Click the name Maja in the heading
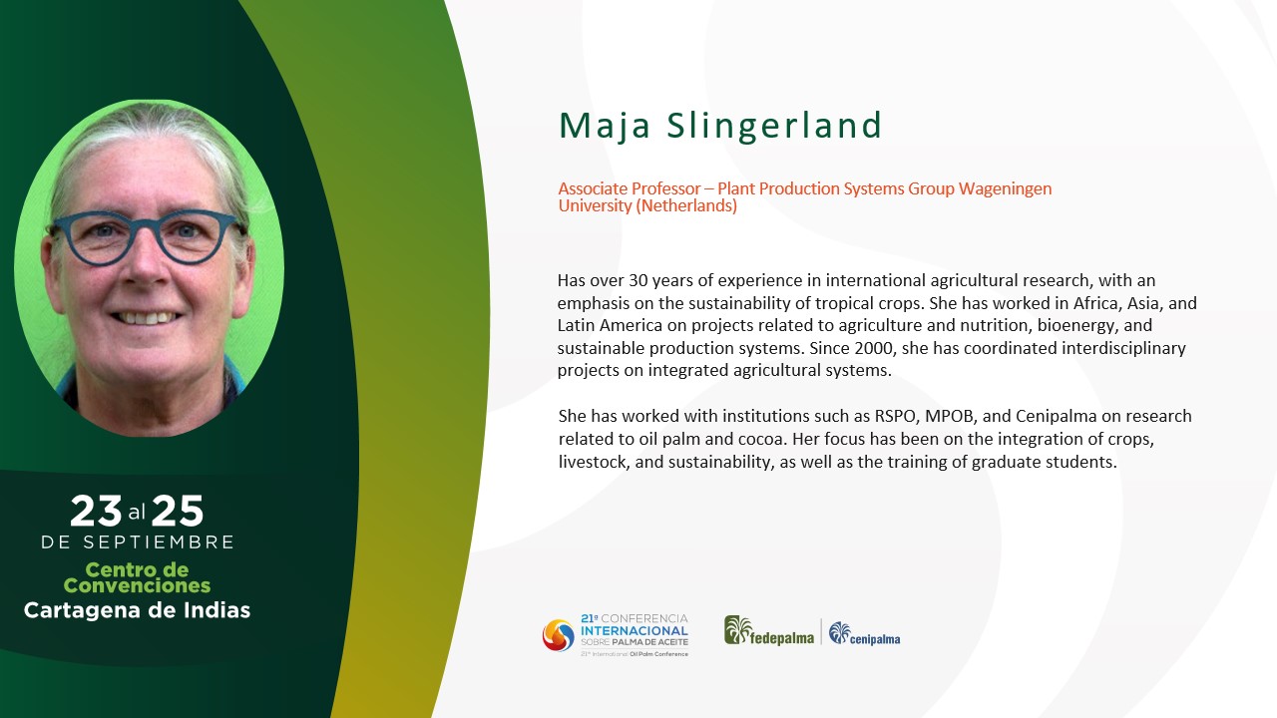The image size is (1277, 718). pos(605,127)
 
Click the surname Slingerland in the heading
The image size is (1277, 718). pos(774,125)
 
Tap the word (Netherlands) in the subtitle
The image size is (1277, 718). pos(686,205)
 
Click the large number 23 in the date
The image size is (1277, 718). pos(96,512)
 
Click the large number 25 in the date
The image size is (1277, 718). pos(178,512)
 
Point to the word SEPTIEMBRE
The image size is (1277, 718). pos(159,542)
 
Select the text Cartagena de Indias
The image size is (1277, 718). pos(137,610)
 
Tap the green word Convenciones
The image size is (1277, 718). pos(137,585)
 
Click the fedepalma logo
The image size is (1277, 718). pos(769,631)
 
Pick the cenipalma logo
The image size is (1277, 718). pos(864,633)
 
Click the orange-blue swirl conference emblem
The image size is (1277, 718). pos(558,635)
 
